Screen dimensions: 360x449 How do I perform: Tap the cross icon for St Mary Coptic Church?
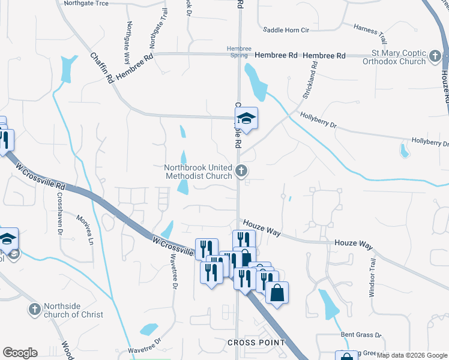(x=436, y=58)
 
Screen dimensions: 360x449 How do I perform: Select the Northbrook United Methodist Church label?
(x=198, y=172)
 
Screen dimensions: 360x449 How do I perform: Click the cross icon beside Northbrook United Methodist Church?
(x=241, y=172)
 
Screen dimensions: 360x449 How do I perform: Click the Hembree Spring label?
(x=238, y=52)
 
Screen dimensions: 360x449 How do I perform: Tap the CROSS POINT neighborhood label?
(x=256, y=343)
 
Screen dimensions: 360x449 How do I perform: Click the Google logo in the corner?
(x=20, y=353)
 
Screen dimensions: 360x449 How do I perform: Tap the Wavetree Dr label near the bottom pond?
(x=145, y=345)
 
